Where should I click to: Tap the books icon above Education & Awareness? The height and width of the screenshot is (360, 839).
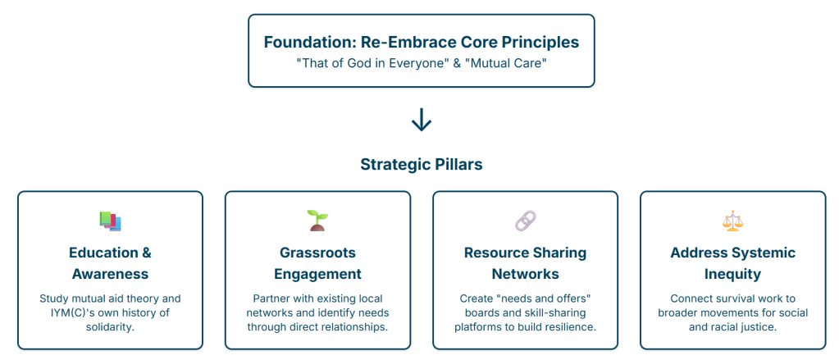(110, 221)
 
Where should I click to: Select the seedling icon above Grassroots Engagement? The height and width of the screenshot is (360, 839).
(317, 220)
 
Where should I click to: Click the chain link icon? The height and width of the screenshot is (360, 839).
(525, 221)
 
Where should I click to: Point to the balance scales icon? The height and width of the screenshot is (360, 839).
(732, 221)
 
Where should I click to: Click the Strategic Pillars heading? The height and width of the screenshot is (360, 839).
(421, 164)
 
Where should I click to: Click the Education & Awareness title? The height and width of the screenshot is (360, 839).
(110, 262)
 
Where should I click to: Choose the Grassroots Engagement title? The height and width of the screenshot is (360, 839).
(317, 262)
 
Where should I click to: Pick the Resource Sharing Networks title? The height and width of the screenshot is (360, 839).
(525, 262)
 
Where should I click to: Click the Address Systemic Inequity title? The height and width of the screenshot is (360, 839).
(732, 262)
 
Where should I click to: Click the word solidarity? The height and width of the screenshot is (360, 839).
(110, 327)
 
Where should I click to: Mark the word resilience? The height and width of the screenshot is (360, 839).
(567, 327)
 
